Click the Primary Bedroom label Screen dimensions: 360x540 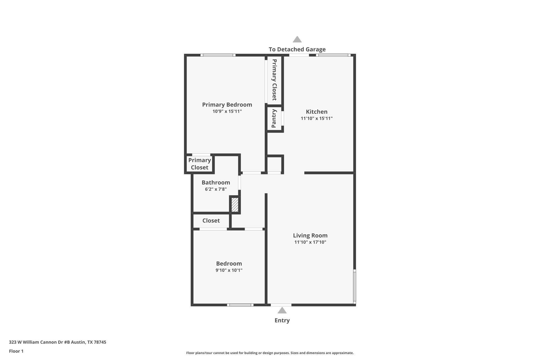[227, 105]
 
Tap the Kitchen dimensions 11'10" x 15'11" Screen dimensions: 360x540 [316, 118]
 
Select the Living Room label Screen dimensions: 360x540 [310, 235]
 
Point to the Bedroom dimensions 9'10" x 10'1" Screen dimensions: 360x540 [229, 270]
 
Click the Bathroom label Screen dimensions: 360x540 [216, 183]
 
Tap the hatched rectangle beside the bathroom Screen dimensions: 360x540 [235, 205]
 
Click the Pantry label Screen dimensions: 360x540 [274, 119]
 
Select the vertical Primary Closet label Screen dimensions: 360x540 [274, 80]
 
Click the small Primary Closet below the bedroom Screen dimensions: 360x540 [199, 164]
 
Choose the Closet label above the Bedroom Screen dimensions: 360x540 [211, 220]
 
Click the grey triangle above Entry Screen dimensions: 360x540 [282, 310]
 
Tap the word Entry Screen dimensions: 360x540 [282, 320]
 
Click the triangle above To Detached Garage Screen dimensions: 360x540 [297, 39]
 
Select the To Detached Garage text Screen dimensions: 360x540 [297, 49]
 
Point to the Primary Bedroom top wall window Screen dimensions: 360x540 [218, 55]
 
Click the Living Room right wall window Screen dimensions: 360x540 [354, 286]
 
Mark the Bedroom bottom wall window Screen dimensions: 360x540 [240, 305]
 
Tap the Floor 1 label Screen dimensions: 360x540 [16, 351]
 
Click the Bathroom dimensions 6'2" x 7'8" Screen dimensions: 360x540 [216, 189]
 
